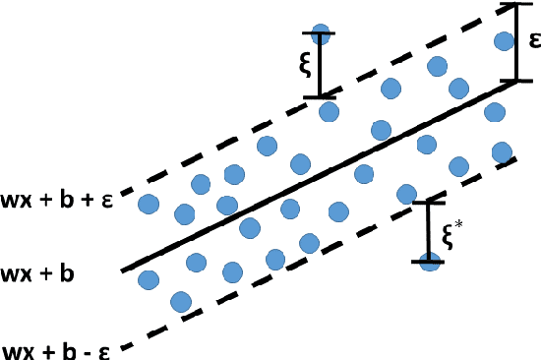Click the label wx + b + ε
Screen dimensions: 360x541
(60, 187)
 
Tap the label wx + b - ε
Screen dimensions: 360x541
(59, 349)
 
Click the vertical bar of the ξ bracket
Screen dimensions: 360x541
(321, 65)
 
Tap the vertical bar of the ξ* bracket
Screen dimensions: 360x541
(427, 232)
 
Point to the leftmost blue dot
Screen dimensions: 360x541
(148, 205)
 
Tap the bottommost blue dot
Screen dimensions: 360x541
(180, 300)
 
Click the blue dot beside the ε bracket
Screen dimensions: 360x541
(504, 41)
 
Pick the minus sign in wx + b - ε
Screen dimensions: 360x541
(84, 350)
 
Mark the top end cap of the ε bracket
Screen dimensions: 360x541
(517, 6)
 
